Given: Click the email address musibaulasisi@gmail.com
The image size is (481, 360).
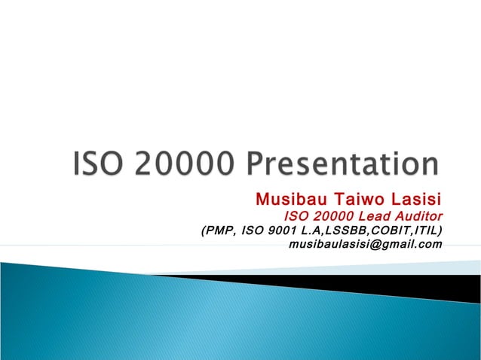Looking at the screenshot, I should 366,244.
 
